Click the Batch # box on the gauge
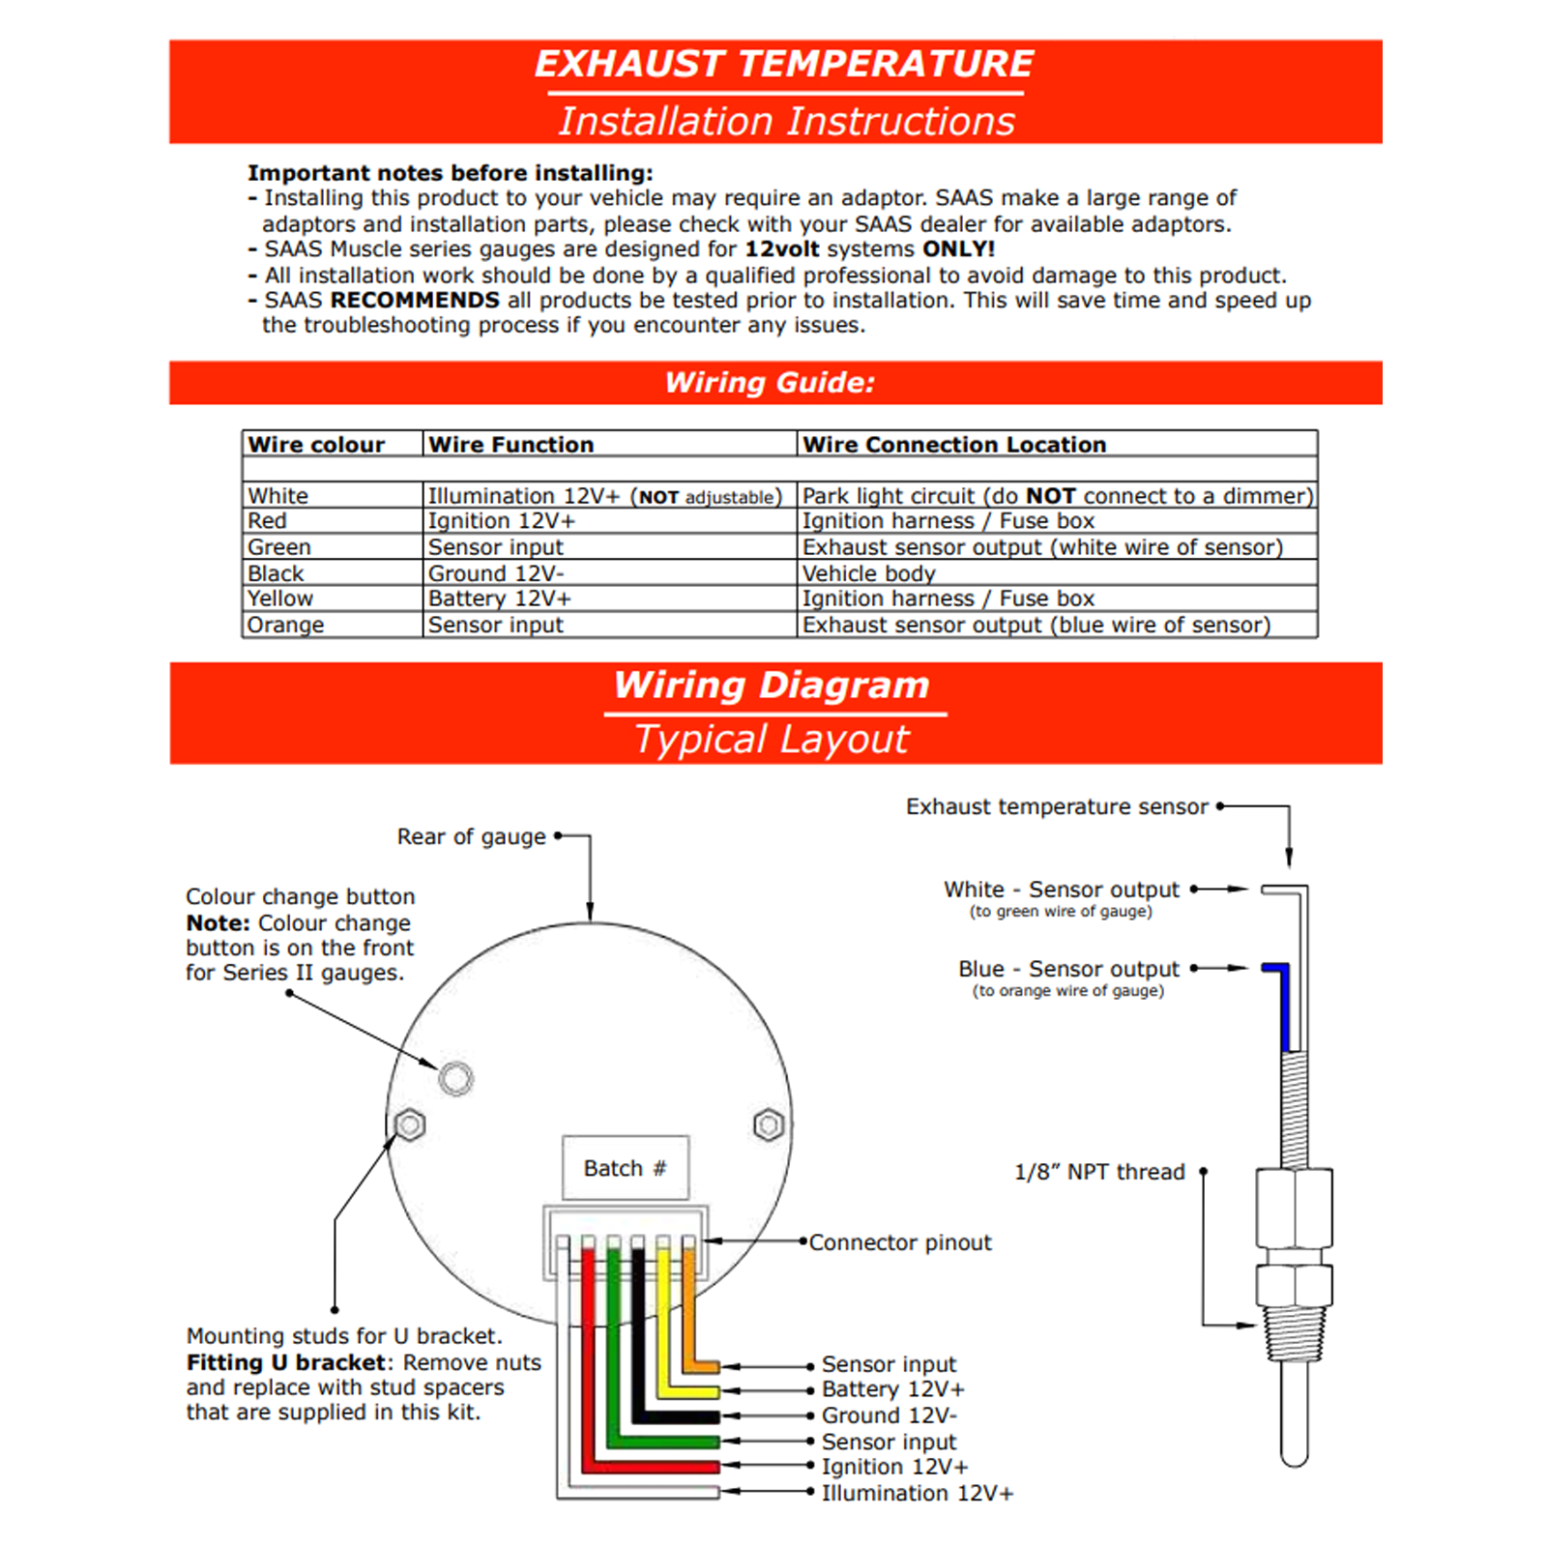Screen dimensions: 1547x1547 point(626,1168)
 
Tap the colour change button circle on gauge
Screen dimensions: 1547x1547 point(455,1078)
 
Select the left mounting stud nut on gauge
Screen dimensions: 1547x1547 point(410,1124)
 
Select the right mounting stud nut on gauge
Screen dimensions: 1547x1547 point(769,1124)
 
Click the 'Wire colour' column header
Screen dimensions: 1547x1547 point(316,445)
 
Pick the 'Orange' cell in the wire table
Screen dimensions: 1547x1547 point(285,625)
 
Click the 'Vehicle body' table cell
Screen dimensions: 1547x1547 point(868,573)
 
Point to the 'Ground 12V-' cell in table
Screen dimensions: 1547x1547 point(496,573)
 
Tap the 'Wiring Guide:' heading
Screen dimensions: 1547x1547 point(770,383)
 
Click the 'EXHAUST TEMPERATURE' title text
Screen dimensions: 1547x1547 point(783,65)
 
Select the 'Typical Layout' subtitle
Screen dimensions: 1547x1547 point(772,740)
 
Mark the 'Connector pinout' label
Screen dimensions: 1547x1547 point(899,1242)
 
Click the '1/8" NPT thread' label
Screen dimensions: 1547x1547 point(1099,1172)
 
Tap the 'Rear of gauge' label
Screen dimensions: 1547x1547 point(471,836)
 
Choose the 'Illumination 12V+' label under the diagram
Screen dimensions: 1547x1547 point(917,1493)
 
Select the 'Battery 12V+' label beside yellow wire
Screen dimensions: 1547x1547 point(892,1389)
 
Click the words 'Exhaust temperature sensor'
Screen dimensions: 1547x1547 point(1057,806)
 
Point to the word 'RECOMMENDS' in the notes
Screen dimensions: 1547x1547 point(415,301)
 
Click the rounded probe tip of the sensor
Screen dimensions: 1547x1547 point(1294,1455)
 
